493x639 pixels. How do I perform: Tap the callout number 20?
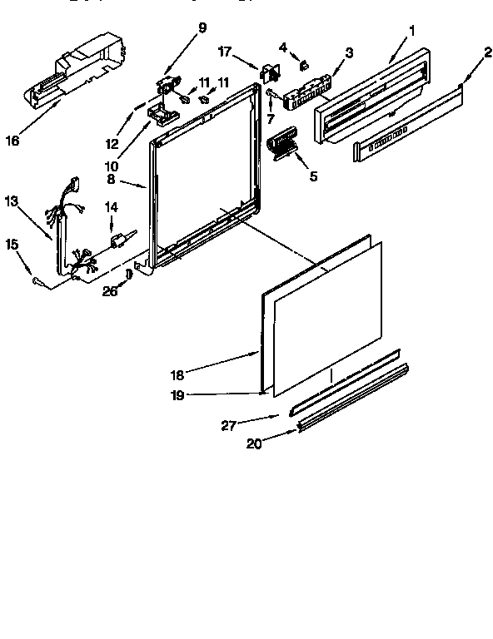tap(254, 444)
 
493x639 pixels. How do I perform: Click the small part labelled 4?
tap(305, 63)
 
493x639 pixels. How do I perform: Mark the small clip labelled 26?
tap(129, 274)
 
